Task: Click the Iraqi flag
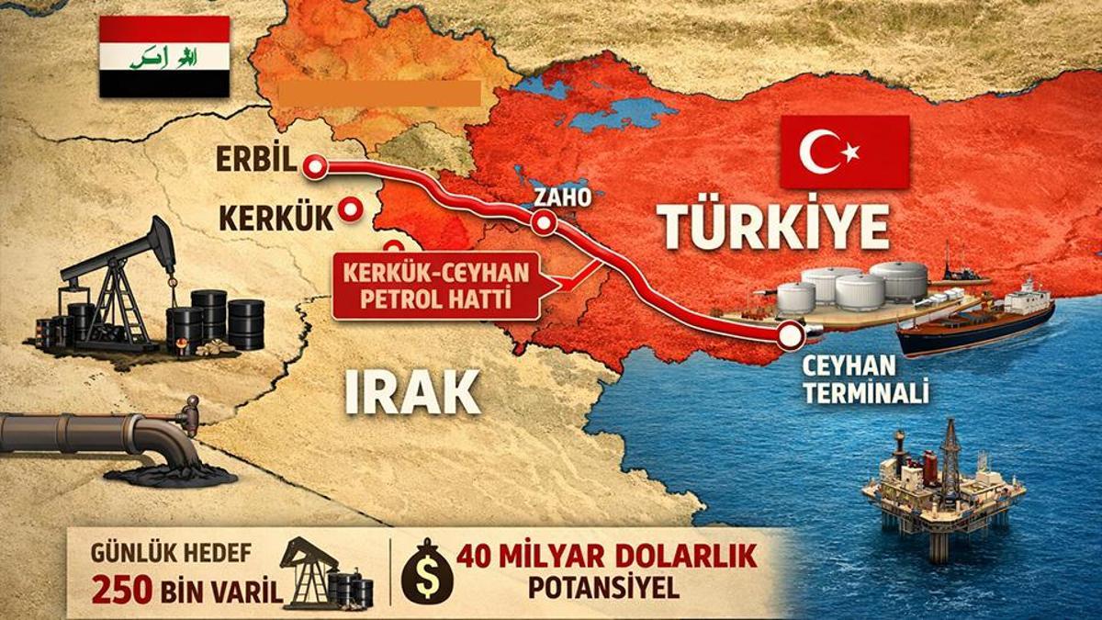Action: [x=163, y=56]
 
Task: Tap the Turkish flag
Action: [x=844, y=152]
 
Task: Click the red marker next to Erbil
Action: [x=316, y=166]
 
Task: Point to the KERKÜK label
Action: [x=275, y=218]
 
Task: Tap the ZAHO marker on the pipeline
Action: [x=544, y=222]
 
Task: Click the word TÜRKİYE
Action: [x=774, y=228]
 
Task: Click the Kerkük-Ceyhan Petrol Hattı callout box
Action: [x=436, y=287]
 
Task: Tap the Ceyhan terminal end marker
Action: [x=789, y=337]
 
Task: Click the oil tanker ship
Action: [x=976, y=321]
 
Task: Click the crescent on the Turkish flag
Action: [x=820, y=152]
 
